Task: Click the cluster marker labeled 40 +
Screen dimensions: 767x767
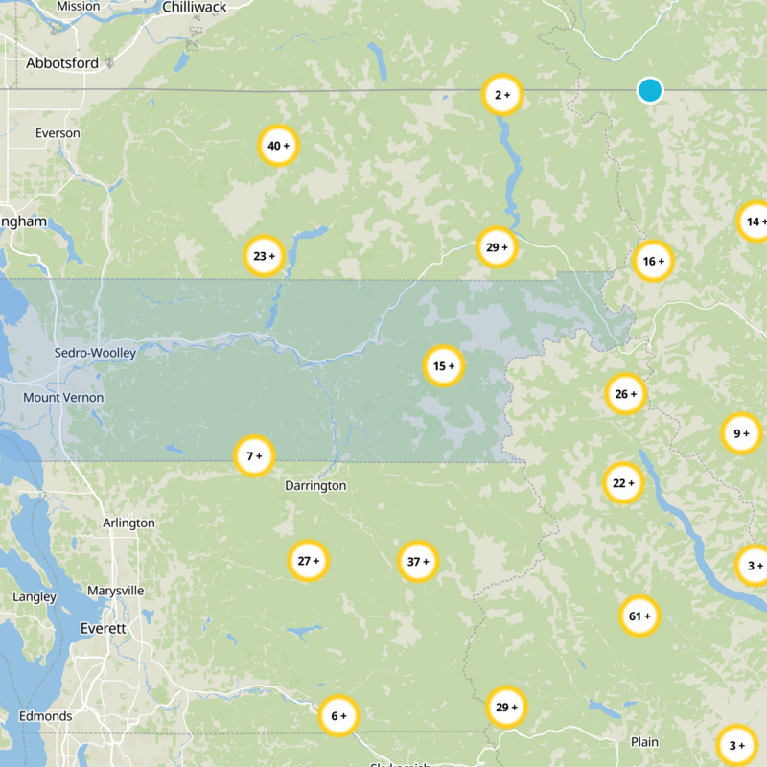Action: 279,146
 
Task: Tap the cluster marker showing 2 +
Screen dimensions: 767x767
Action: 501,94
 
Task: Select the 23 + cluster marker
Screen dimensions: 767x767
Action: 264,256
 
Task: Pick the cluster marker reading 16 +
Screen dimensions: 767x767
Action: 653,261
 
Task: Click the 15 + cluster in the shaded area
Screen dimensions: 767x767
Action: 444,365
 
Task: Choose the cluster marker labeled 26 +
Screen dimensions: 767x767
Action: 625,394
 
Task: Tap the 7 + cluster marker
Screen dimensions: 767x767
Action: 254,455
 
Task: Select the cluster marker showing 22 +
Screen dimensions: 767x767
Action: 623,483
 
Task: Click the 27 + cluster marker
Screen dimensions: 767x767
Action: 309,561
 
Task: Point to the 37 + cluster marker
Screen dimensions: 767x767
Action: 418,561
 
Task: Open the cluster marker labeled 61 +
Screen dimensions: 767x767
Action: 639,616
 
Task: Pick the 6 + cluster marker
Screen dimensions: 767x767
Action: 338,715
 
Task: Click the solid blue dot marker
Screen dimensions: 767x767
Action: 650,90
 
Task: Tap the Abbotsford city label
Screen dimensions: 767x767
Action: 62,62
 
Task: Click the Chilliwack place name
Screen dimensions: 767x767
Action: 194,7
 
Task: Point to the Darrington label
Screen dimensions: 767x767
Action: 314,486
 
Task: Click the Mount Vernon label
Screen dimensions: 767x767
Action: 63,397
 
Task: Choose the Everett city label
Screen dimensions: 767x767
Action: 102,628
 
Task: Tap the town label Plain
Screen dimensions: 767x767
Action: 644,742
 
